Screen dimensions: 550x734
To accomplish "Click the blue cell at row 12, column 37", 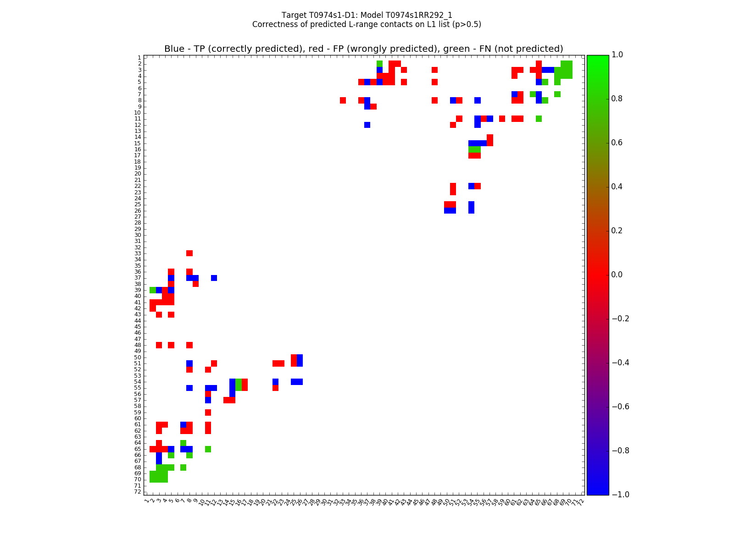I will point(367,125).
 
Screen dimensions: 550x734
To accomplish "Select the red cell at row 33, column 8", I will point(189,253).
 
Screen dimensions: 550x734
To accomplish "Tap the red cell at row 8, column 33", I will point(343,100).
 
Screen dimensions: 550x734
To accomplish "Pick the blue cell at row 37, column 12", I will point(214,278).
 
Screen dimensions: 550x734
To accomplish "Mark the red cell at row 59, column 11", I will point(208,412).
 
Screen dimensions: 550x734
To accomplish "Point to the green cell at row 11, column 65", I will point(539,119).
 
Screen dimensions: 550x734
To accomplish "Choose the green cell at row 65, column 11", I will point(208,449).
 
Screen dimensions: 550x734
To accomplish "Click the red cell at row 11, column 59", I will point(502,119).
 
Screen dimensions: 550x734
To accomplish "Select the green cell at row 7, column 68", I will point(557,94).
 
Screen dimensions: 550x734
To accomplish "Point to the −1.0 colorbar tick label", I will point(620,495).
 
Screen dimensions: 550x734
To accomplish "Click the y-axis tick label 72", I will point(138,492).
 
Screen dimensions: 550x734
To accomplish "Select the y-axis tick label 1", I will point(139,58).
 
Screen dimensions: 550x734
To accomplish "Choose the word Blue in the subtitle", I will point(174,49).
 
